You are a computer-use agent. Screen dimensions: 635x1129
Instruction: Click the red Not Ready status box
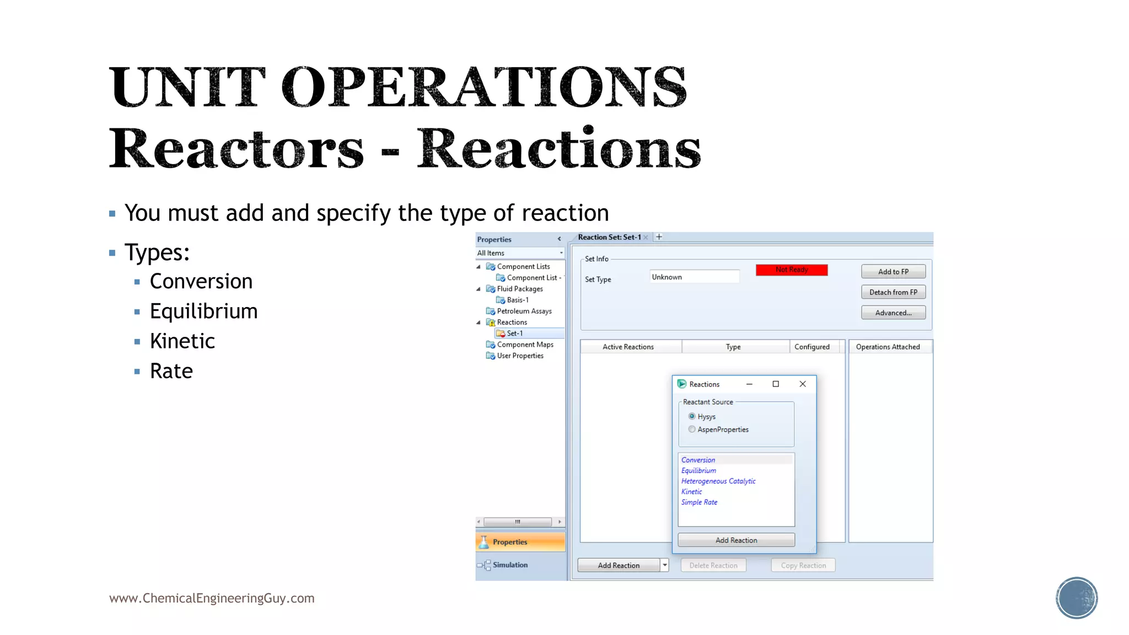click(x=791, y=270)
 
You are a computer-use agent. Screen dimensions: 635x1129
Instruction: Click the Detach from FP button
click(x=893, y=292)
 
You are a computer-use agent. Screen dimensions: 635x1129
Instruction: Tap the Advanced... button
click(x=893, y=313)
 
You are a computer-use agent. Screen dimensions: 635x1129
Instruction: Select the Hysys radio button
click(x=692, y=416)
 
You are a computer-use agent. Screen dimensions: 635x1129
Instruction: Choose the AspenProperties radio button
click(x=692, y=429)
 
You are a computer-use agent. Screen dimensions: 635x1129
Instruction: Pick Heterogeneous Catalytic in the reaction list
click(x=718, y=481)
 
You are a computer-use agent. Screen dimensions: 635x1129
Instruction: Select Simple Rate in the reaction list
click(x=699, y=502)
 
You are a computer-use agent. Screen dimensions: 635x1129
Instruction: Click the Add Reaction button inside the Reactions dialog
click(x=736, y=540)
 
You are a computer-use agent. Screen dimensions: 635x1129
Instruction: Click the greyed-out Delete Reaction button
click(x=713, y=566)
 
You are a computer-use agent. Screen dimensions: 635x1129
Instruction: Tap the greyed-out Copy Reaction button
click(x=803, y=566)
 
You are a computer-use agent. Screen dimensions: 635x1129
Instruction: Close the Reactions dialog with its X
click(x=803, y=384)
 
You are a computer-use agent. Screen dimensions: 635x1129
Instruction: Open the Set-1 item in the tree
click(x=514, y=333)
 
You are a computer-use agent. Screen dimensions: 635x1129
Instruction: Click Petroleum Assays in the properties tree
click(x=524, y=311)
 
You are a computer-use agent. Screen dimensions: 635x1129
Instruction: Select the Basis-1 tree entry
click(x=517, y=300)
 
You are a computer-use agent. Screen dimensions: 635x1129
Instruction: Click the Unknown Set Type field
click(x=694, y=277)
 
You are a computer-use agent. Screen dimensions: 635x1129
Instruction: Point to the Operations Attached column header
click(x=888, y=347)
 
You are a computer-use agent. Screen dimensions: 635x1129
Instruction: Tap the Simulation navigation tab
click(x=510, y=565)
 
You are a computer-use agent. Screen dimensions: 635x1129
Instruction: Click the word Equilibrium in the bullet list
click(x=203, y=311)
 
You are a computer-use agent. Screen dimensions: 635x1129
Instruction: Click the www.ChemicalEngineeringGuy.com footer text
click(x=212, y=598)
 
